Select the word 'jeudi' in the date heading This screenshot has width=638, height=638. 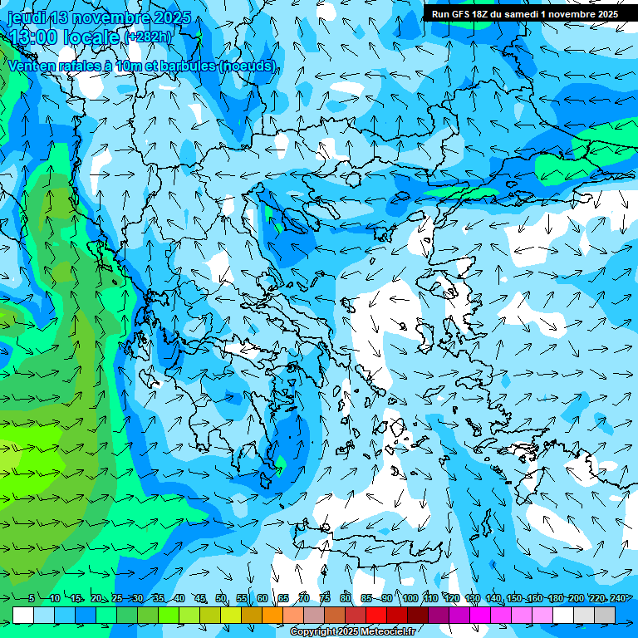point(26,17)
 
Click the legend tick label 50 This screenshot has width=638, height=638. point(221,599)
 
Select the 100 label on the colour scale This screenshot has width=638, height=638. point(410,599)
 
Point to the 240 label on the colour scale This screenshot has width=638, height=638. point(617,599)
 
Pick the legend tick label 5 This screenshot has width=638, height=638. point(32,599)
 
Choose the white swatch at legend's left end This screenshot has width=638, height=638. point(23,615)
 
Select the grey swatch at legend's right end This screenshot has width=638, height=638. point(605,615)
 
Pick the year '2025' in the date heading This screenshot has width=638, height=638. point(171,17)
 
